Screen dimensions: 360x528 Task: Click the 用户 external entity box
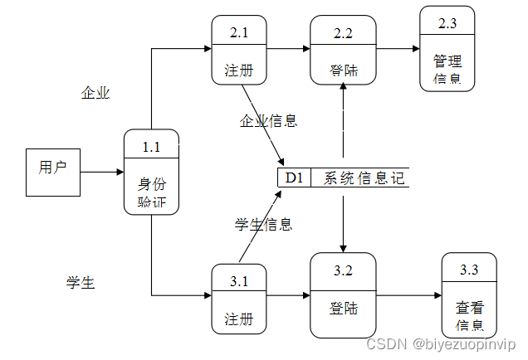click(52, 173)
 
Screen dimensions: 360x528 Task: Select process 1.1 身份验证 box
click(151, 172)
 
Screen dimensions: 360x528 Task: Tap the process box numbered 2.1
click(239, 50)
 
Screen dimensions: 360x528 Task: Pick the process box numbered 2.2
click(343, 50)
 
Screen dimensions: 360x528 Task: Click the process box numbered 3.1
click(239, 299)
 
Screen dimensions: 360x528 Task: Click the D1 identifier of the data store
click(294, 178)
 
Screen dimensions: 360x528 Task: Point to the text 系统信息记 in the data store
click(362, 178)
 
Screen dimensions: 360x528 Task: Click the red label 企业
click(95, 93)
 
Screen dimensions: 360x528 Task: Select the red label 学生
click(81, 283)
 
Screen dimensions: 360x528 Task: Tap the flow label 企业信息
click(268, 121)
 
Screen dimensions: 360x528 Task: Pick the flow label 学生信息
click(263, 224)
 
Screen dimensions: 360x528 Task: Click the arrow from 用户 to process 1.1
click(101, 173)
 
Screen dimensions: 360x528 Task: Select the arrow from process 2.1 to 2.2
click(288, 48)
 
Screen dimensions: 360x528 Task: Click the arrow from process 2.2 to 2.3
click(398, 48)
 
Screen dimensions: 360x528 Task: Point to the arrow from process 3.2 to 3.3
click(408, 294)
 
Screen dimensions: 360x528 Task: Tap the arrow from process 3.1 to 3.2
click(288, 294)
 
